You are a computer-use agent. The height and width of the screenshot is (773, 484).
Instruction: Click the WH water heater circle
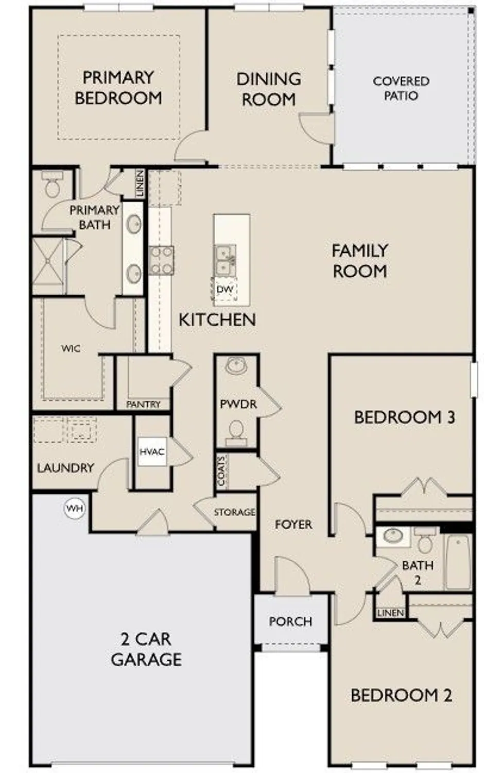75,509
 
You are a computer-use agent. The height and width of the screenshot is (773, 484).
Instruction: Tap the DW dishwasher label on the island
224,290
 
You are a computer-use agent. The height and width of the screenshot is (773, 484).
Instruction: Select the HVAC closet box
152,451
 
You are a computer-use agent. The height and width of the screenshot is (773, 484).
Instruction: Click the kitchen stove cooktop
161,260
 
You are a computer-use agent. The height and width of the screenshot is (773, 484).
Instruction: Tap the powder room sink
236,366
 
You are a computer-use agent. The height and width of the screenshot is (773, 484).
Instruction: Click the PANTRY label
143,405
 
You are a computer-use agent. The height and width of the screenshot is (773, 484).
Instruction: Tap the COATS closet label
221,471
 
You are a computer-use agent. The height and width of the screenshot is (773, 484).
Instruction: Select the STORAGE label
235,512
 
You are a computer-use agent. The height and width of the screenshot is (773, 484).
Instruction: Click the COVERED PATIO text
401,88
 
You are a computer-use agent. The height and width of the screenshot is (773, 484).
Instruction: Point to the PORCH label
290,621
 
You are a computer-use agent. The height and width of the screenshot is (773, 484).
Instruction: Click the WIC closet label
71,349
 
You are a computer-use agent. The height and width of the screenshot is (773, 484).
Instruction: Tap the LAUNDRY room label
65,468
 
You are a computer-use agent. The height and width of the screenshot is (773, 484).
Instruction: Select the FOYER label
293,525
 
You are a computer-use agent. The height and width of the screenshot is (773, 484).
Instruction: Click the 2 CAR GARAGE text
146,649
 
